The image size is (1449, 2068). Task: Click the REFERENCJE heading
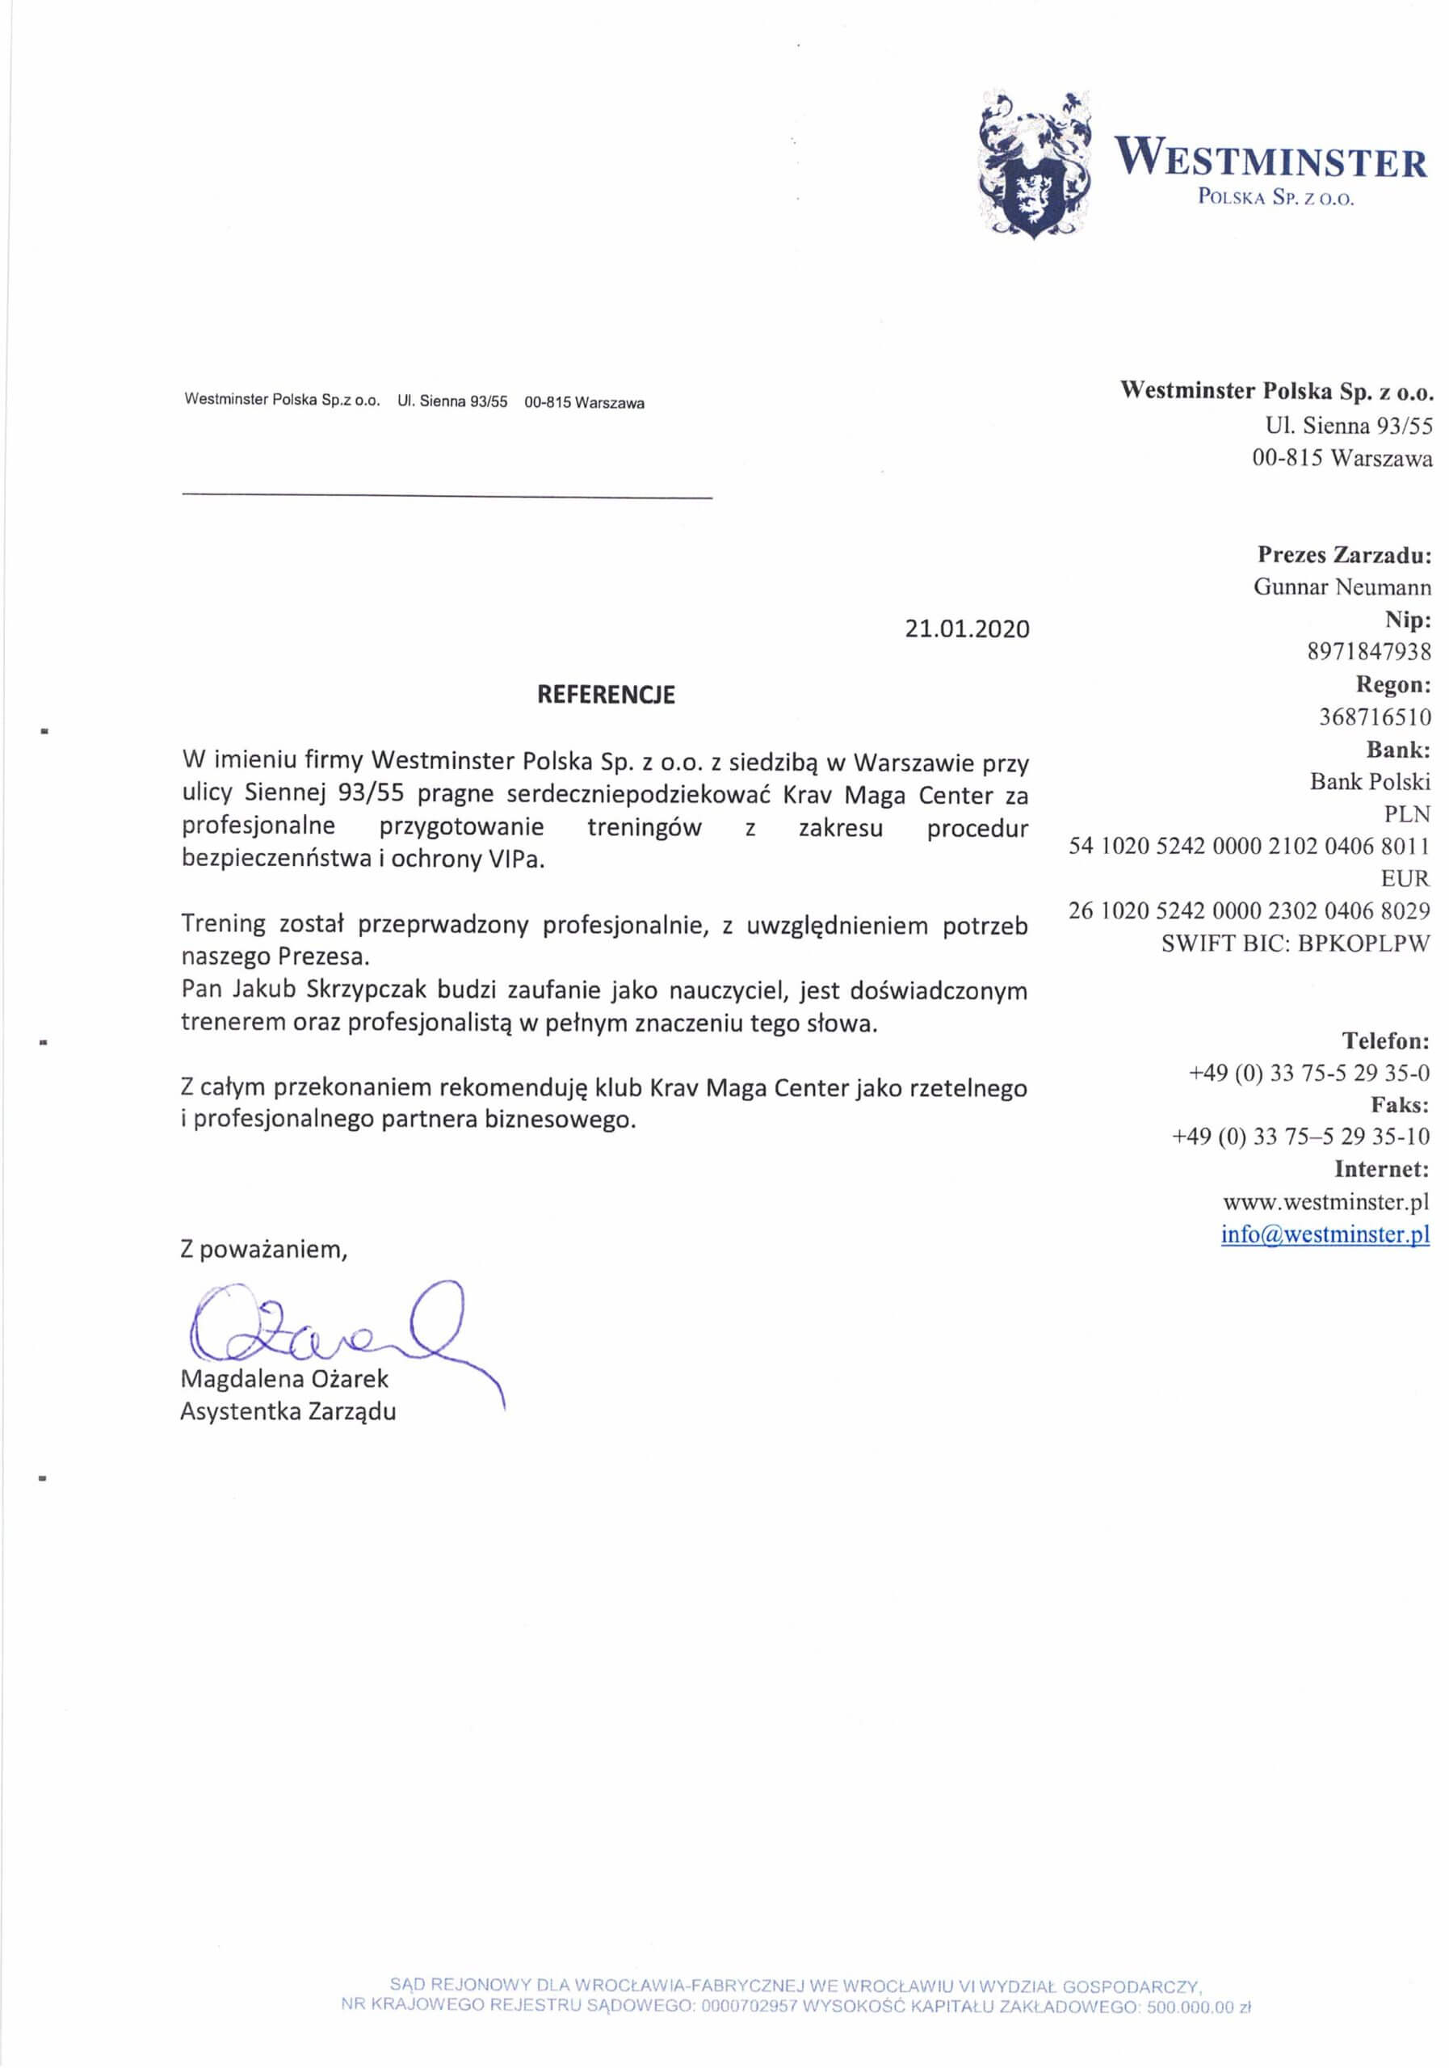[x=605, y=695]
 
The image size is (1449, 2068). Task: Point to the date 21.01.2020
[x=966, y=628]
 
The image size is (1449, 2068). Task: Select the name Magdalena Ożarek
[x=284, y=1379]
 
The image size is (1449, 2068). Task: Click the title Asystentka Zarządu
[x=288, y=1411]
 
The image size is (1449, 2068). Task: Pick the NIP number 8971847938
[x=1368, y=651]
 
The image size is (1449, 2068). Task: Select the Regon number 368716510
[x=1374, y=717]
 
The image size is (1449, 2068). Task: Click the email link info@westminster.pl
[x=1325, y=1234]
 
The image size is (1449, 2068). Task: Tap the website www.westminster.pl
[x=1325, y=1201]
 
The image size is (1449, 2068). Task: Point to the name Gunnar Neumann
[x=1342, y=587]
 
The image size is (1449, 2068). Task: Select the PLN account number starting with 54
[x=1249, y=846]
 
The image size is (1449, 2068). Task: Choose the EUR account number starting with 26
[x=1249, y=910]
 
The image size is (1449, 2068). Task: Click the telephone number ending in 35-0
[x=1309, y=1073]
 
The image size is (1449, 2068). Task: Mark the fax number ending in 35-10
[x=1300, y=1137]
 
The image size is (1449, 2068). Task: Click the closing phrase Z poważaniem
[x=263, y=1249]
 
